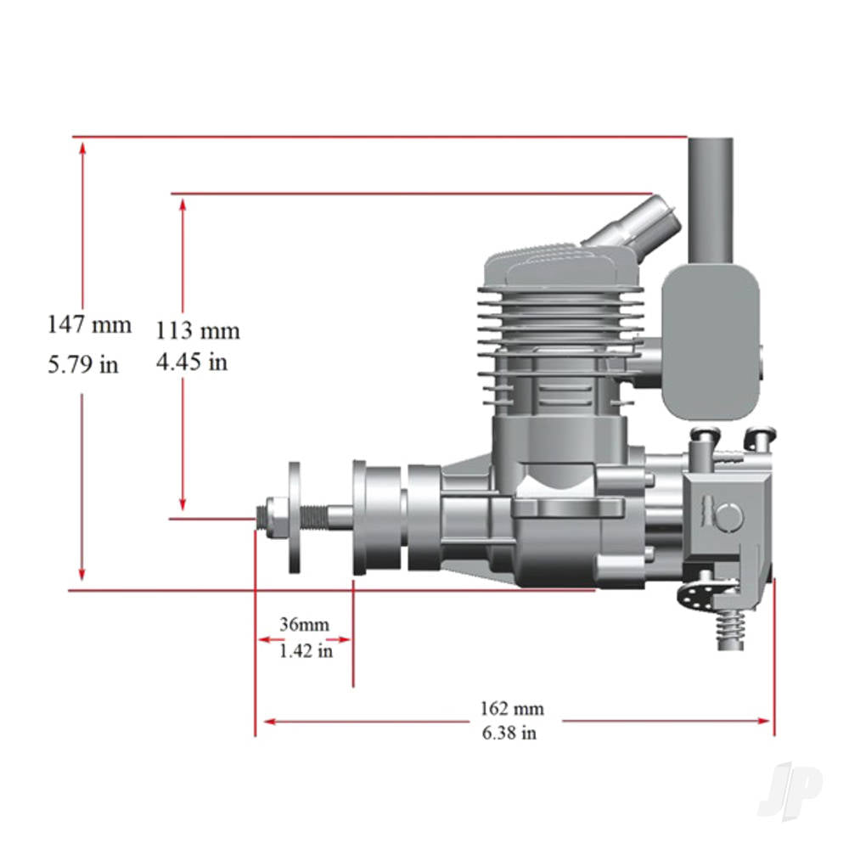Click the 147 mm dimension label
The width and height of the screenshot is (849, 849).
coord(89,324)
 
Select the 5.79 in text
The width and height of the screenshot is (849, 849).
coord(82,365)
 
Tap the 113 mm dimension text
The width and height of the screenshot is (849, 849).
coord(197,330)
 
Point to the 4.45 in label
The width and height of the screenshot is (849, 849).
coord(191,363)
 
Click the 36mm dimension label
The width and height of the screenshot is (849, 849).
coord(304,624)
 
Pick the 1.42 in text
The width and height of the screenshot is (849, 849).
coord(305,652)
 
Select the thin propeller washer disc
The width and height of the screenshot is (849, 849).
coord(295,517)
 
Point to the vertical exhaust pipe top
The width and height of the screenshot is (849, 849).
coord(710,195)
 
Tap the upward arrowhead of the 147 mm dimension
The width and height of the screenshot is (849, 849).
coord(82,149)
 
